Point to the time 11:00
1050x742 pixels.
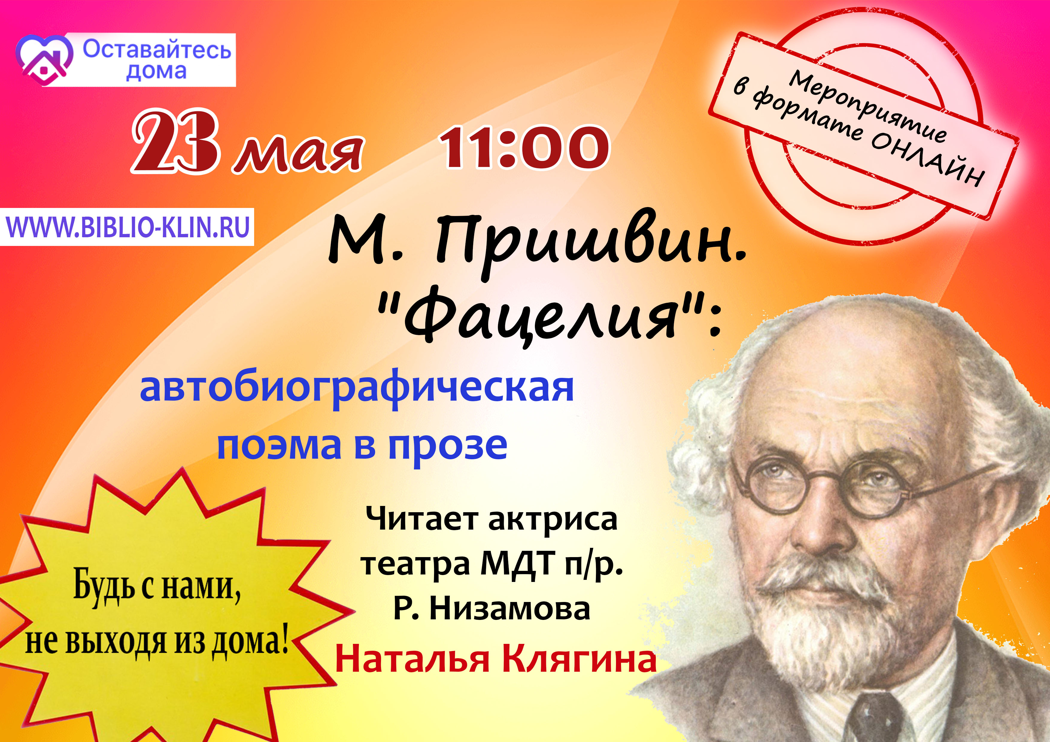point(524,147)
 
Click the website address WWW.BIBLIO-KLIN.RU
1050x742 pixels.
point(128,227)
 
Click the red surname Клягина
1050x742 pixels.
point(579,660)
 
